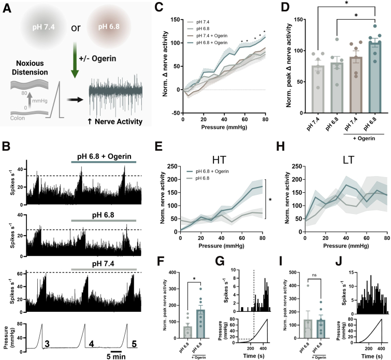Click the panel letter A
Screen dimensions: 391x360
[x=7, y=9]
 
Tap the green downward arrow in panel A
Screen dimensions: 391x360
[x=75, y=60]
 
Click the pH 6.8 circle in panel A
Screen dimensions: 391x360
[x=109, y=26]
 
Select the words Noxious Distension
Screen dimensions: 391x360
[x=30, y=68]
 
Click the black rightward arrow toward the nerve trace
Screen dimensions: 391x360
[x=75, y=100]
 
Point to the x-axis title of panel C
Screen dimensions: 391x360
[x=224, y=127]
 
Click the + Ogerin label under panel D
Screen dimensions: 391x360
[x=364, y=138]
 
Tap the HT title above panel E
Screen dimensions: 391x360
[x=219, y=160]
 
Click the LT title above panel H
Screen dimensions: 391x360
[x=348, y=160]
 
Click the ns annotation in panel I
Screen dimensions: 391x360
[x=314, y=275]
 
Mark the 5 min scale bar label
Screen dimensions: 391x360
[x=116, y=356]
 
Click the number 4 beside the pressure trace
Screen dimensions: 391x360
[x=91, y=344]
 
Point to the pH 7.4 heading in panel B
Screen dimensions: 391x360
[x=103, y=264]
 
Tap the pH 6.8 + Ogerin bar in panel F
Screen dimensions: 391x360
[x=201, y=324]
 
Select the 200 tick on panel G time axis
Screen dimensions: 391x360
[x=250, y=349]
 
